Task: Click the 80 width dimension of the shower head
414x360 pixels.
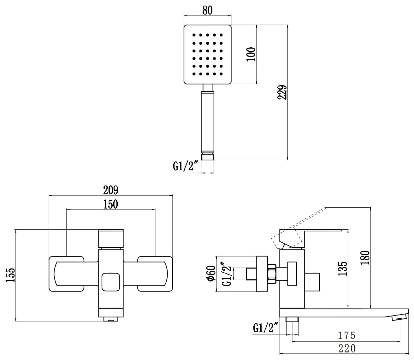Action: pos(207,10)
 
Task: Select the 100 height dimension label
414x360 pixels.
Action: pos(251,54)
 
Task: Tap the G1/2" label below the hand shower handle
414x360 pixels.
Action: pos(186,166)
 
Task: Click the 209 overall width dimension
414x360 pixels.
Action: pos(111,190)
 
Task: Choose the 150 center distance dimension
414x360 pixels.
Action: pos(111,204)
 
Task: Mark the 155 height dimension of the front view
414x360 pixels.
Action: pos(10,275)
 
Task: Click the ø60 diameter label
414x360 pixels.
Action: pos(211,273)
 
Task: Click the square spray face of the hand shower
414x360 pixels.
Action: pos(207,54)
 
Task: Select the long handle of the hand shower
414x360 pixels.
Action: pos(208,121)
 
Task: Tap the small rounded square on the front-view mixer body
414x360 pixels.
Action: pos(111,282)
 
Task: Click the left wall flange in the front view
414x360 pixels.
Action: pos(66,274)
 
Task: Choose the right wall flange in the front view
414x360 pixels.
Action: pos(155,274)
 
